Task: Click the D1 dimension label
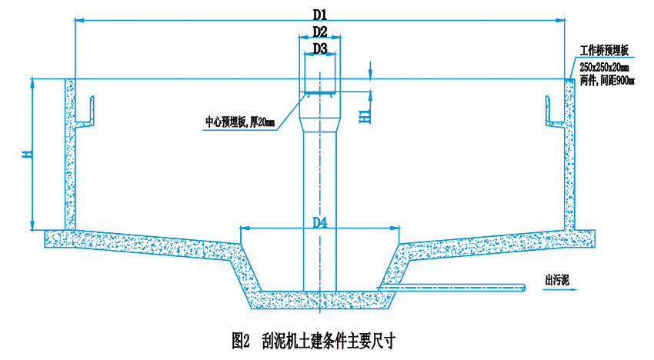tap(320, 14)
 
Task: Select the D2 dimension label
tap(320, 32)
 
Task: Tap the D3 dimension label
tap(320, 48)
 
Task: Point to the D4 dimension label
tap(320, 222)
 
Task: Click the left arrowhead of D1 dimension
tap(77, 22)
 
